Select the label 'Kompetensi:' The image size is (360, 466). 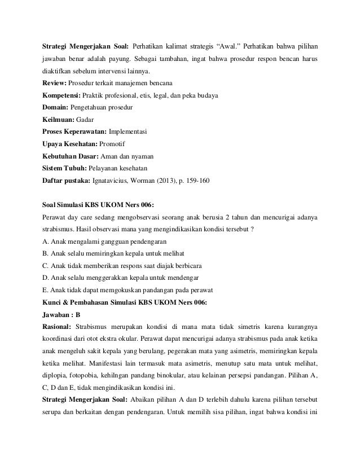(x=62, y=96)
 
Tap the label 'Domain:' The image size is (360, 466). (x=56, y=108)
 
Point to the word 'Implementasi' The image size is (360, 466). (x=128, y=132)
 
